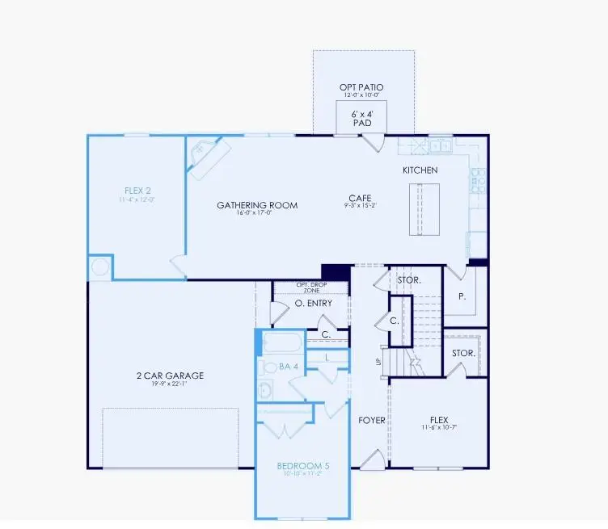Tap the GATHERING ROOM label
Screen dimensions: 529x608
(257, 205)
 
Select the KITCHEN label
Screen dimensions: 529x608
(420, 170)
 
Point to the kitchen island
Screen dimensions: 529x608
(422, 208)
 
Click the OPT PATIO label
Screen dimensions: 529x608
(362, 87)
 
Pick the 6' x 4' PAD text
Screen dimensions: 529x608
(361, 120)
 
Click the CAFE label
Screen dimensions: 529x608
(360, 198)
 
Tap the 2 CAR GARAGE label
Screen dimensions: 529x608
(170, 376)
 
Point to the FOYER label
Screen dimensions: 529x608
(372, 420)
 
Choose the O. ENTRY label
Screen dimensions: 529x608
(310, 304)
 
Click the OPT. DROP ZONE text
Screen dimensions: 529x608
(311, 287)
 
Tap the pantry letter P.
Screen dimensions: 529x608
(462, 296)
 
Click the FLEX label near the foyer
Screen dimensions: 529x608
(439, 419)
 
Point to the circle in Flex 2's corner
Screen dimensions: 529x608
(99, 267)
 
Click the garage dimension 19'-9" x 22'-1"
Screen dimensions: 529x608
(170, 385)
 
